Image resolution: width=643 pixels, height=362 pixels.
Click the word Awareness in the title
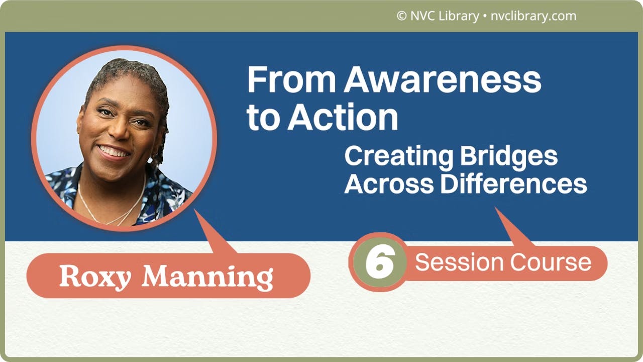point(443,80)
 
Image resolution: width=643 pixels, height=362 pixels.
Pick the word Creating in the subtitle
point(395,157)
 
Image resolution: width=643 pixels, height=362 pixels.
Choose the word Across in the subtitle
point(389,184)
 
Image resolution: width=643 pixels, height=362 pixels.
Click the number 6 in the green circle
point(378,262)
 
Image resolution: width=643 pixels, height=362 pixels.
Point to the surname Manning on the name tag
point(207,276)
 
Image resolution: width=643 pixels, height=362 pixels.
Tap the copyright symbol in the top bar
point(401,16)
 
